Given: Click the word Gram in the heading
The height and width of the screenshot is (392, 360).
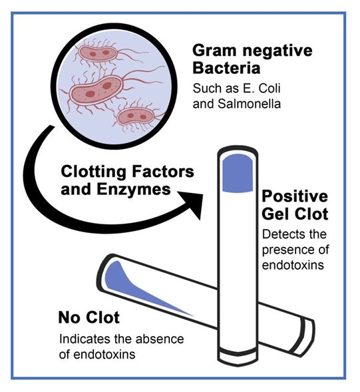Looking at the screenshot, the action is coord(214,51).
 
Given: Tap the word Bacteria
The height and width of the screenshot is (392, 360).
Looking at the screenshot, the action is coord(226,68).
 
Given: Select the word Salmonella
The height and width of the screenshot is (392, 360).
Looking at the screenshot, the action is coord(249,104).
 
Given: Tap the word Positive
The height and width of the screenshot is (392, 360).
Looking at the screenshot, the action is coord(295,196).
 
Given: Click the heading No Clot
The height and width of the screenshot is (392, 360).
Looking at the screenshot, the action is coord(89,317).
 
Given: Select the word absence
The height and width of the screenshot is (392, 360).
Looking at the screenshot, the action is coord(160,339).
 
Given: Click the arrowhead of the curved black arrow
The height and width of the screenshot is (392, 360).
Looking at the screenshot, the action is coord(192,204).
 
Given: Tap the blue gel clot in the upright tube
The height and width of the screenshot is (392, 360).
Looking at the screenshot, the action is coord(238,174).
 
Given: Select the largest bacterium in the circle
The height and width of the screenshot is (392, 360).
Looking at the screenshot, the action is coord(96,90).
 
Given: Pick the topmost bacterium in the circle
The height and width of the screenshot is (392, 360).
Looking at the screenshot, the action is coord(98,53).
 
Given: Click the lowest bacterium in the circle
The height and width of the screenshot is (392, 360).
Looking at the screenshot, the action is coord(135,116).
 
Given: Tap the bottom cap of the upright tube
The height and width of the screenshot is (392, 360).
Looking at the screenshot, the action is coord(238,356).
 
